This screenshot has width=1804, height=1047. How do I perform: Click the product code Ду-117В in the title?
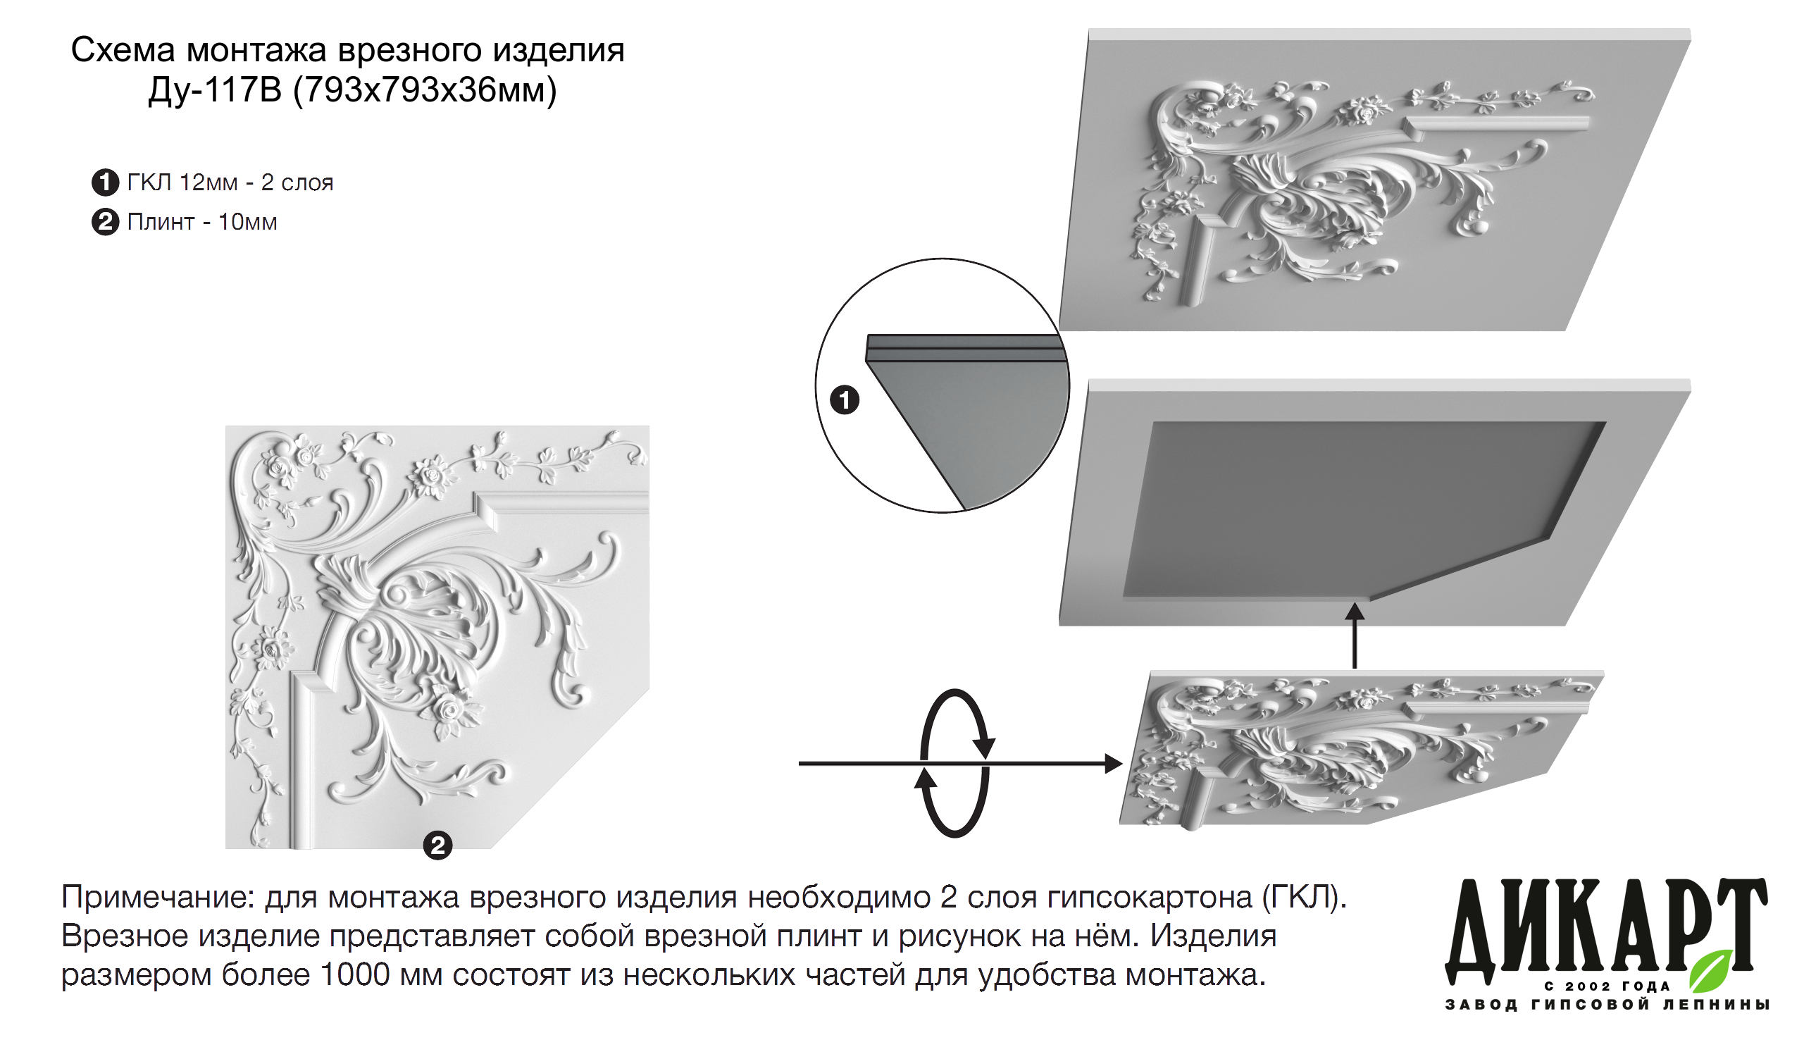click(216, 90)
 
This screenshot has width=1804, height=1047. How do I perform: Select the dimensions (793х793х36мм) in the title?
click(426, 91)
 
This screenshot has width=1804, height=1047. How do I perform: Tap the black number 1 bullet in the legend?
click(105, 182)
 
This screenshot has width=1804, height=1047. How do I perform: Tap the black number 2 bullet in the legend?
click(105, 222)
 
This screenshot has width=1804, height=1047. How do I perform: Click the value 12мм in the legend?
click(209, 183)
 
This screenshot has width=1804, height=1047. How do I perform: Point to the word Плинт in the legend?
click(161, 222)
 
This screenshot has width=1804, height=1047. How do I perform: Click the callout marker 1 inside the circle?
click(845, 400)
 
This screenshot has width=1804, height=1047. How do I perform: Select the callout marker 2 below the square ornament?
click(438, 845)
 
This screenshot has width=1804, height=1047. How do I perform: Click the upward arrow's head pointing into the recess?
click(1355, 611)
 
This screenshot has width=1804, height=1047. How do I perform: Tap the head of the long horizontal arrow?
click(1114, 763)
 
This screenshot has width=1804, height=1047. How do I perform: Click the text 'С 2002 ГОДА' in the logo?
click(1607, 987)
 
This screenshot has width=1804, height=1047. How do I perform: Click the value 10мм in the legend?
click(248, 222)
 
